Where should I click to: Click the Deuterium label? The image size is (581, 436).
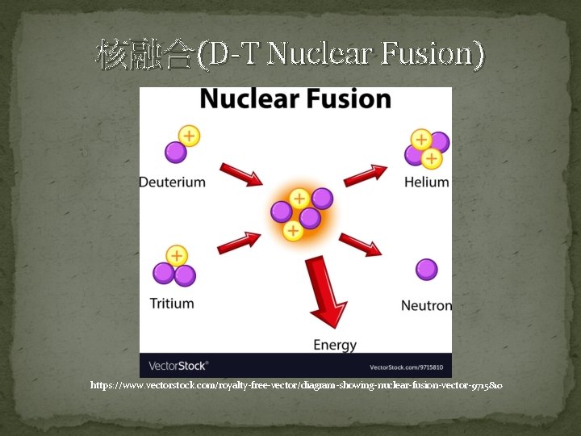point(172,182)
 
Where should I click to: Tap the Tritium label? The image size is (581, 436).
point(172,304)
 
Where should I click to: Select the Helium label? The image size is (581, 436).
point(426,182)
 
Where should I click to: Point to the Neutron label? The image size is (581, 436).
point(426,305)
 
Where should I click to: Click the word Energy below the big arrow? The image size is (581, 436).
point(335,345)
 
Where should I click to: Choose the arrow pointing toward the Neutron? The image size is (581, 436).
point(360,244)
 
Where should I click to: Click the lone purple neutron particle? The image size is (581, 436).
point(426,270)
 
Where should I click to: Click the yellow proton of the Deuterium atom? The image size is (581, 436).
point(189,136)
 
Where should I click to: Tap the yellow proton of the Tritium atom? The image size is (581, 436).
point(177,257)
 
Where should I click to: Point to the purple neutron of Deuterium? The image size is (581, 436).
point(175,151)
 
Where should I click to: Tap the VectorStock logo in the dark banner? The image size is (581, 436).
point(178,366)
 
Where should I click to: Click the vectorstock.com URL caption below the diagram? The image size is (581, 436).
point(296,386)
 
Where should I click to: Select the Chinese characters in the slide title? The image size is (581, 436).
point(144,54)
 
